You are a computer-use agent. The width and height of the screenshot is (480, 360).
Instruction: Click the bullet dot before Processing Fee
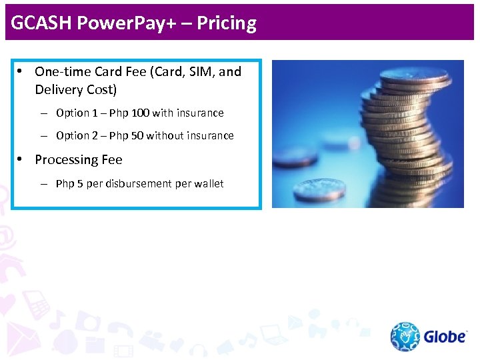pos(21,159)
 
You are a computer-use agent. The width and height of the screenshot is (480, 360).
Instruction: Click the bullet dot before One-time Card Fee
pos(21,71)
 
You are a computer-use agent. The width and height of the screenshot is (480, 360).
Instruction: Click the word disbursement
pos(137,184)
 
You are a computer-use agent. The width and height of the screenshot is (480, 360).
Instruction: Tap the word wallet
pos(209,184)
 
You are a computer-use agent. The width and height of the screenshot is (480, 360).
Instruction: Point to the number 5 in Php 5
pos(80,184)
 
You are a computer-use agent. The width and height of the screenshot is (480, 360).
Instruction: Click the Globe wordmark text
pos(445,337)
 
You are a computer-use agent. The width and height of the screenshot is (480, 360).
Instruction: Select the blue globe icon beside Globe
pos(405,337)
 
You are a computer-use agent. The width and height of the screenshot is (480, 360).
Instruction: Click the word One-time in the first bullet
pos(59,72)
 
